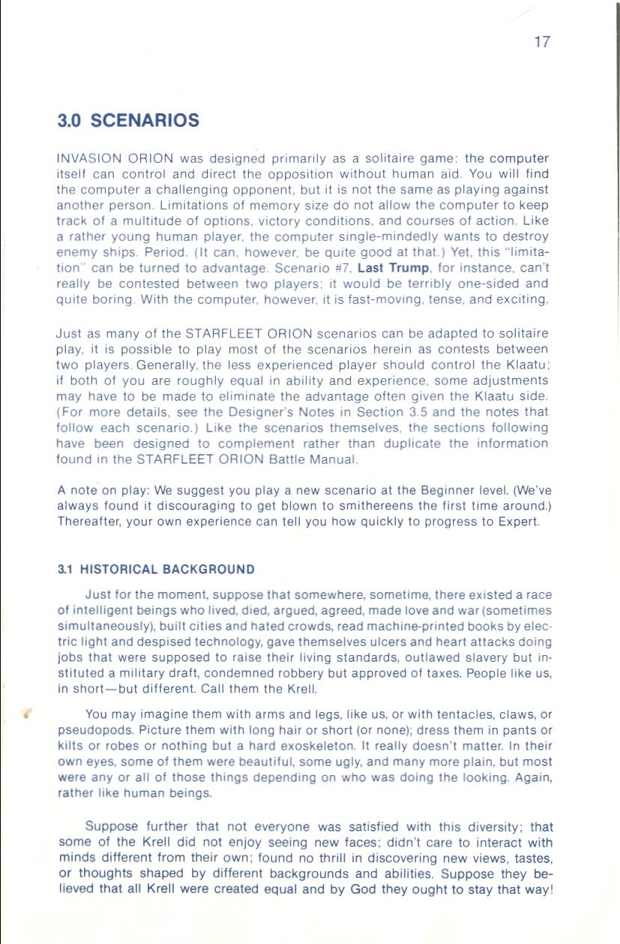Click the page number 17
click(542, 42)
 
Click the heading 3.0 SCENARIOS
click(128, 121)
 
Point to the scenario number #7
click(340, 268)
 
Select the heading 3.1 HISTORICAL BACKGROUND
click(156, 570)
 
